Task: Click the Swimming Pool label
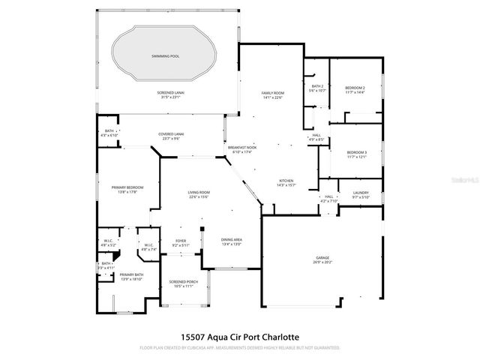point(165,55)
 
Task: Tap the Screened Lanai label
point(172,94)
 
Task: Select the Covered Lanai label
point(171,136)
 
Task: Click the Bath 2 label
point(317,88)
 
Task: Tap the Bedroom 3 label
point(356,154)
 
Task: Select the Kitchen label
point(286,182)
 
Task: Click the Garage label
point(322,259)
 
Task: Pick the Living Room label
point(199,194)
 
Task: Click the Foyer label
point(180,242)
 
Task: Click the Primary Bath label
point(121,277)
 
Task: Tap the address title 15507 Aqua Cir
point(239,337)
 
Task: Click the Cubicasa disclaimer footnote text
point(239,348)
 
